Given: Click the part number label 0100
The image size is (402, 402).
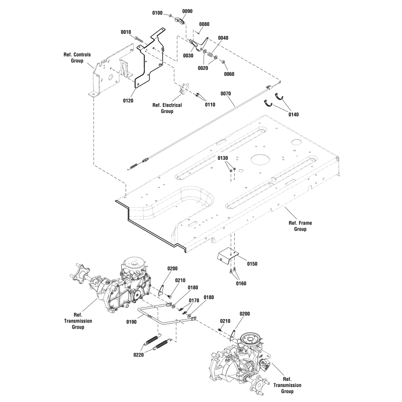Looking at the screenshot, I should tap(158, 12).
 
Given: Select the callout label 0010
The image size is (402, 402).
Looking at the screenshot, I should tap(126, 32).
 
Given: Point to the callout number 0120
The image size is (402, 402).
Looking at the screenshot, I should tap(128, 101).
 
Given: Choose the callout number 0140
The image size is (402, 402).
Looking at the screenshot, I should tap(293, 115).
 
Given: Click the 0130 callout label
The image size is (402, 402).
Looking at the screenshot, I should tap(223, 158).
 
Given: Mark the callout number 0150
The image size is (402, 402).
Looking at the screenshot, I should tap(252, 263).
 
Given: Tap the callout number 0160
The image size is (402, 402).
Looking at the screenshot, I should tap(242, 283).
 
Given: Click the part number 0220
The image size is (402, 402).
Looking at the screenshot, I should tap(139, 355).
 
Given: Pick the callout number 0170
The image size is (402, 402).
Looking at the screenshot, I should tap(194, 300).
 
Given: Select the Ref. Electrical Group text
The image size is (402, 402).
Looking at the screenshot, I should tap(167, 108).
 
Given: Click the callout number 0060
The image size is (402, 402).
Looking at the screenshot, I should tap(229, 74).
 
